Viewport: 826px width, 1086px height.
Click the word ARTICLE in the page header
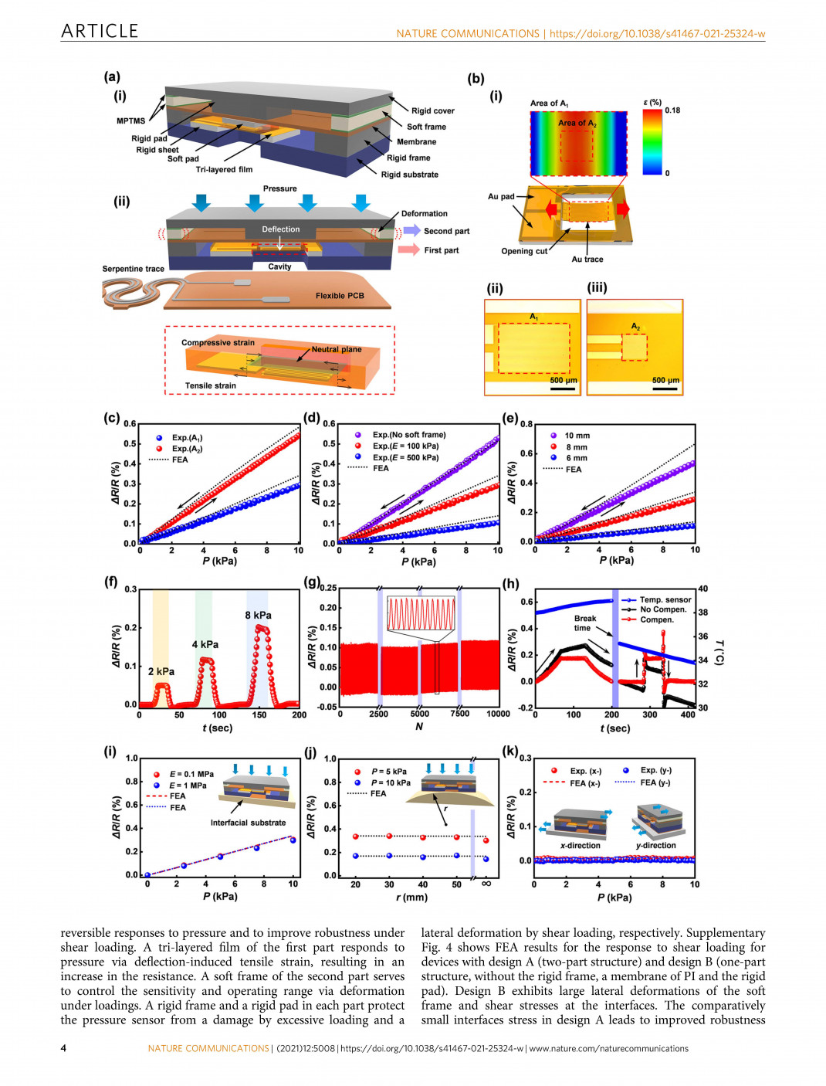100,31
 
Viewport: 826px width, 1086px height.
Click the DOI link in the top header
657,34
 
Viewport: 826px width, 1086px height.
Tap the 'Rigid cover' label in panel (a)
432,111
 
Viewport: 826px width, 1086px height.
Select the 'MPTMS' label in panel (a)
130,121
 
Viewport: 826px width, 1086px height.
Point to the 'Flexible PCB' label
339,296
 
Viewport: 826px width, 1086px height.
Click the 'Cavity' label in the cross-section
279,266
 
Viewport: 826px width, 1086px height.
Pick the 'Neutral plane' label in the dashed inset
336,350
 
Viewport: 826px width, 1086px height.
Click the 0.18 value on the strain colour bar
672,110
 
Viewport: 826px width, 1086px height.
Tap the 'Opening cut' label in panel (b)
523,251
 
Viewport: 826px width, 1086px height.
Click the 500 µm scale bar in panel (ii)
563,381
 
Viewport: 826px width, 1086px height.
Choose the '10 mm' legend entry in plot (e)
577,436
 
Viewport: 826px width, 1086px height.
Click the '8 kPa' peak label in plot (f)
258,616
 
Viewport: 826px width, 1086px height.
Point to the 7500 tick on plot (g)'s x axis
459,714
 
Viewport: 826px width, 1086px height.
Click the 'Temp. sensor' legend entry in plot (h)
665,599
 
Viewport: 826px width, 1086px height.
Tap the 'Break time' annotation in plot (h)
584,623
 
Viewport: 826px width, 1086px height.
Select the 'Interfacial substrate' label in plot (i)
248,823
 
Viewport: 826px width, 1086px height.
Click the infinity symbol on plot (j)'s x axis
486,884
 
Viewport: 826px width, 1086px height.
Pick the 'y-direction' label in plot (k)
655,845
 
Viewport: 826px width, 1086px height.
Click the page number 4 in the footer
64,1048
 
